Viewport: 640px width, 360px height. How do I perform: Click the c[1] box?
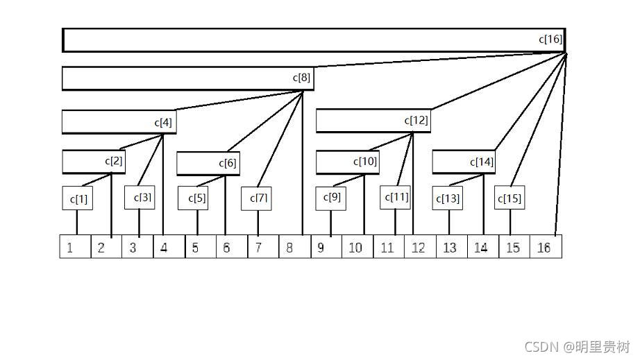pos(78,199)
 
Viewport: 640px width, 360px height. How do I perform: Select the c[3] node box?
pos(140,197)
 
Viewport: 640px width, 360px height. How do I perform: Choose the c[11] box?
pos(396,197)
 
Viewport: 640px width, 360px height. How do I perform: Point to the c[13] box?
pos(448,199)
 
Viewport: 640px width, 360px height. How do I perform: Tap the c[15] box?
pos(510,199)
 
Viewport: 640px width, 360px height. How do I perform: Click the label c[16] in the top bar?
pos(550,40)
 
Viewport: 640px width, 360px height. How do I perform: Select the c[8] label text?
pos(301,78)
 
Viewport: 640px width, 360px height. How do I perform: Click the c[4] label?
pos(163,122)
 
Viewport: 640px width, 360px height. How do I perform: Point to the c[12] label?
pos(416,120)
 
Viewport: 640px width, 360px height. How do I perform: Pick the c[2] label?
pos(114,161)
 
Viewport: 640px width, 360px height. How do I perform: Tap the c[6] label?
pos(228,163)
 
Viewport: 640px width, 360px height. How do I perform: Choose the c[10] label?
pos(365,162)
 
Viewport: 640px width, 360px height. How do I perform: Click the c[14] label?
pos(482,162)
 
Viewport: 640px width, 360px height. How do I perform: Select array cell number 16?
pos(545,247)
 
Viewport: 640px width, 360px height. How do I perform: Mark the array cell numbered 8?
pos(292,247)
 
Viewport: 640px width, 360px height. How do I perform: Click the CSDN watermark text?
pos(577,347)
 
